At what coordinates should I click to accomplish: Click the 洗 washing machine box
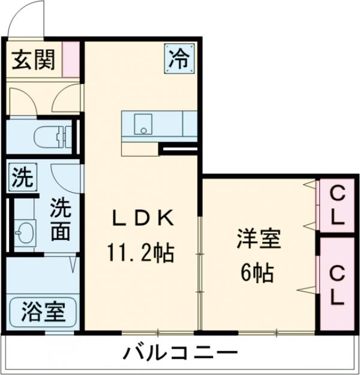click(22, 177)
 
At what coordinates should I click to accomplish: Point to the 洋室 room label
click(258, 239)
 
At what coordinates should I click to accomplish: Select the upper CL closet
click(338, 205)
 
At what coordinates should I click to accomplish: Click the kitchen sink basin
click(142, 125)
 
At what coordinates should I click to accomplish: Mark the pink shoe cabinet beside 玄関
click(73, 59)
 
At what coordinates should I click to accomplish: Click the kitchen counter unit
click(160, 125)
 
